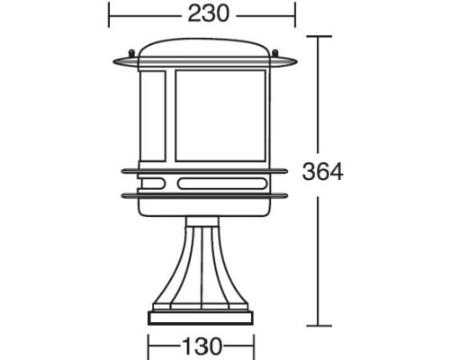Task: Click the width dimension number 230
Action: coord(208,13)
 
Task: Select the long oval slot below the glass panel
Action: coord(221,186)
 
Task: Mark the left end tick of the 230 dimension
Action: coord(109,13)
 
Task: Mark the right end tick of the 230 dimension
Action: coord(295,13)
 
